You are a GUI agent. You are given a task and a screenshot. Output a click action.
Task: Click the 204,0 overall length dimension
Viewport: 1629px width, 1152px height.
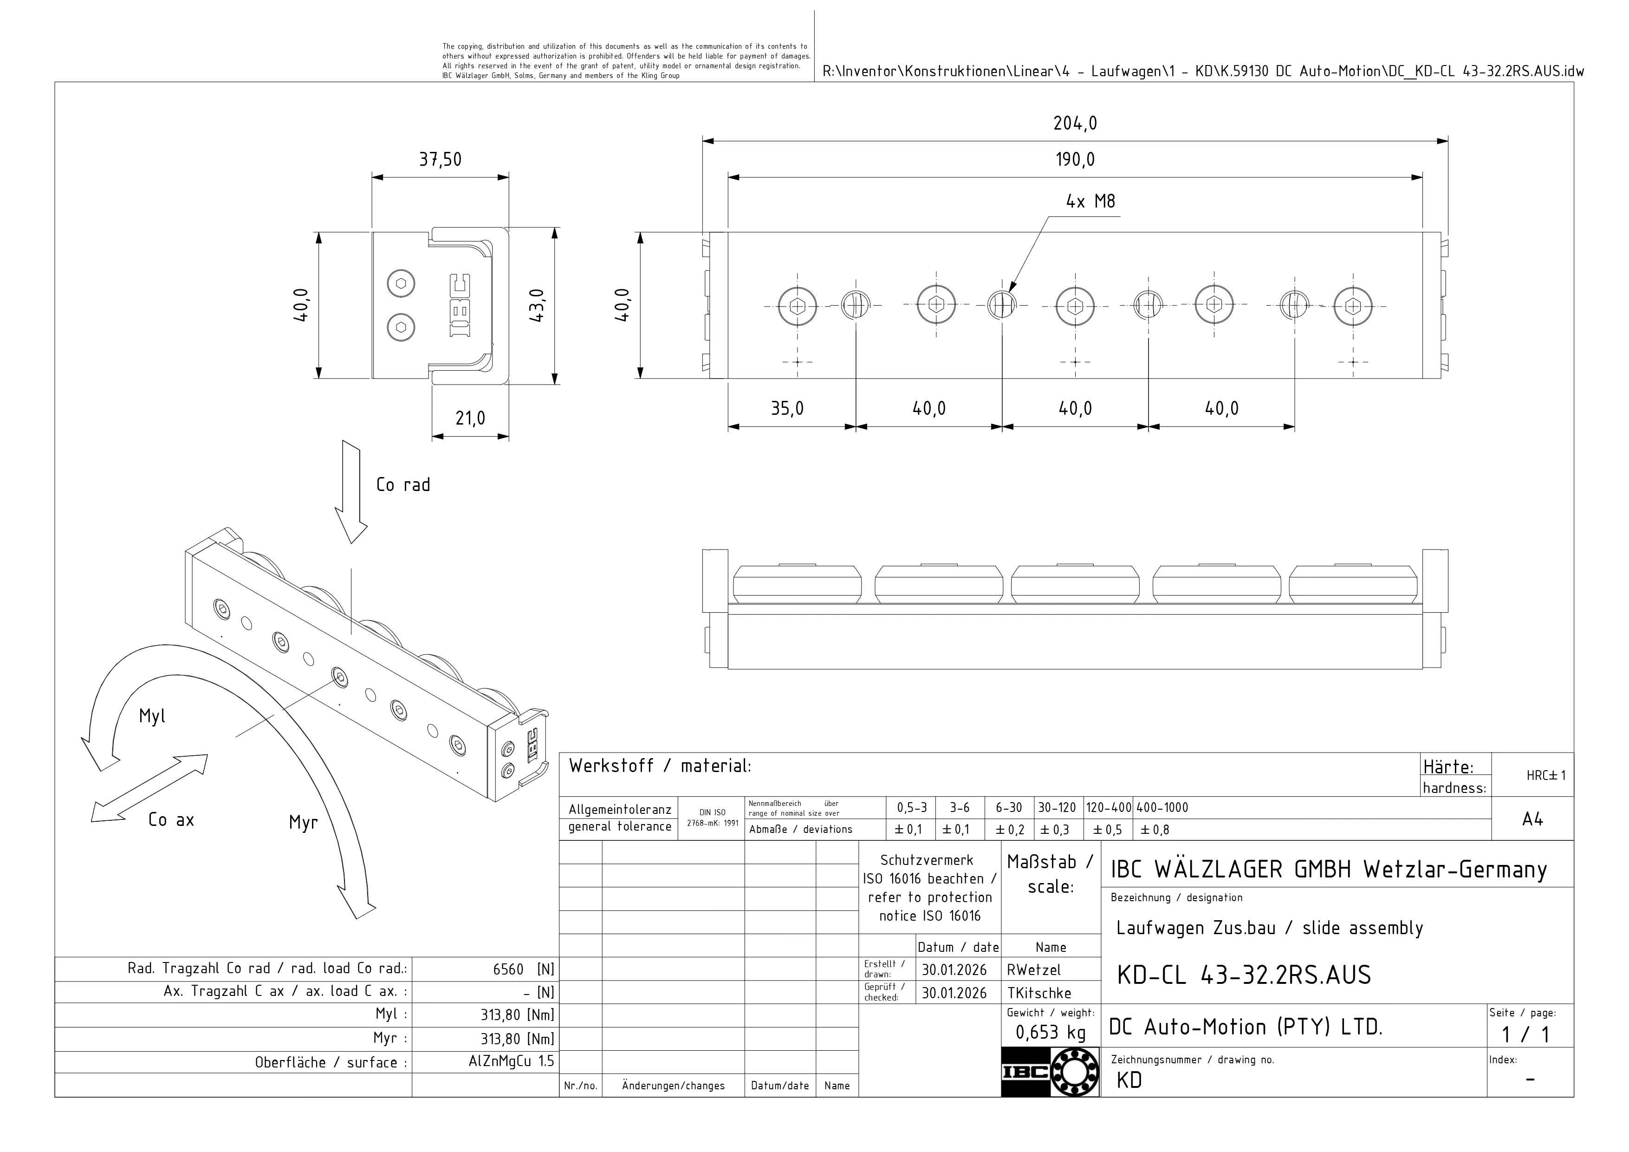tap(1074, 124)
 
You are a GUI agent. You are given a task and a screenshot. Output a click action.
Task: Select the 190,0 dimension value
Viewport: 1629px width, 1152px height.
tap(1074, 160)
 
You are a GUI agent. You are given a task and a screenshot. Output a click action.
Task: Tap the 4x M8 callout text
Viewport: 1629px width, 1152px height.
tap(1090, 202)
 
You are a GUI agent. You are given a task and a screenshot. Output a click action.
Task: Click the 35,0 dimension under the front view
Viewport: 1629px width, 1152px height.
tap(787, 409)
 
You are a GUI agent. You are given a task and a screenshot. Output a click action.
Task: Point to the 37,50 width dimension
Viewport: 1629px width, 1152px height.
tap(440, 160)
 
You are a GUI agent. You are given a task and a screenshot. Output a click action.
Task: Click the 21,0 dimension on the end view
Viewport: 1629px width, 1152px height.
tap(470, 419)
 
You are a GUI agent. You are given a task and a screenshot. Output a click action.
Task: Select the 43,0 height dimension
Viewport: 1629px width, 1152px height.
tap(537, 306)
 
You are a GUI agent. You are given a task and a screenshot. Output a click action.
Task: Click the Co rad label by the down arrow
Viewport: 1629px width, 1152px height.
tap(403, 485)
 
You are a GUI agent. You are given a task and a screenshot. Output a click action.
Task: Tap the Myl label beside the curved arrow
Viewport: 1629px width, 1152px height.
tap(152, 716)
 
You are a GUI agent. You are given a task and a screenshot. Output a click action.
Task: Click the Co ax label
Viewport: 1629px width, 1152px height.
tap(171, 820)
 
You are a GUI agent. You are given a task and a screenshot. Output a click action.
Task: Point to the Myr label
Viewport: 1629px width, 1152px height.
tap(303, 823)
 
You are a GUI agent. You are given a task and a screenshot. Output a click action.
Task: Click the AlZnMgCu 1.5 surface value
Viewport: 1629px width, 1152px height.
tap(506, 1062)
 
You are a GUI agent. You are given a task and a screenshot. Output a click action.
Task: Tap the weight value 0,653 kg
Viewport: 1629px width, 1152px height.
tap(1050, 1033)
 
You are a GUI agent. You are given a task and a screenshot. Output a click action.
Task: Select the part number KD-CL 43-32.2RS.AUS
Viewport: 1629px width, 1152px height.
tap(1243, 975)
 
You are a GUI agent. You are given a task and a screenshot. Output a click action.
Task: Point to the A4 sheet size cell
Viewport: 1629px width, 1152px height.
tap(1532, 820)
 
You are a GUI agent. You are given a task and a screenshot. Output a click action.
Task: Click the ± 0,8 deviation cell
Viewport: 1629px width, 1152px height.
tap(1155, 830)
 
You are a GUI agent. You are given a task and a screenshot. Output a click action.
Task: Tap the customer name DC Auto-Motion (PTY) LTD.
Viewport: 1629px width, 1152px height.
tap(1245, 1027)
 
